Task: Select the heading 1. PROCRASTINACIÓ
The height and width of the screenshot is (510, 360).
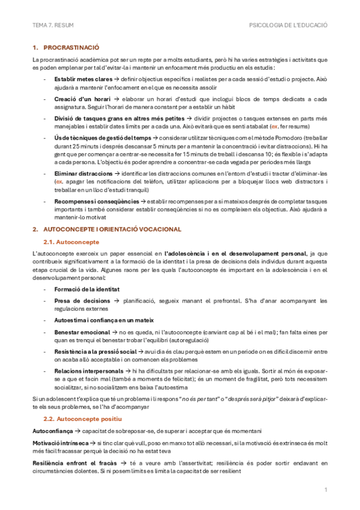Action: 66,47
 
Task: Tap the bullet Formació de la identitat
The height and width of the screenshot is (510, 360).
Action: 87,289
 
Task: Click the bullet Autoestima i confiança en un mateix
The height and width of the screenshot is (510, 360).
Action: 104,320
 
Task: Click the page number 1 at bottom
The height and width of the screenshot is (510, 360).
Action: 326,490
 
